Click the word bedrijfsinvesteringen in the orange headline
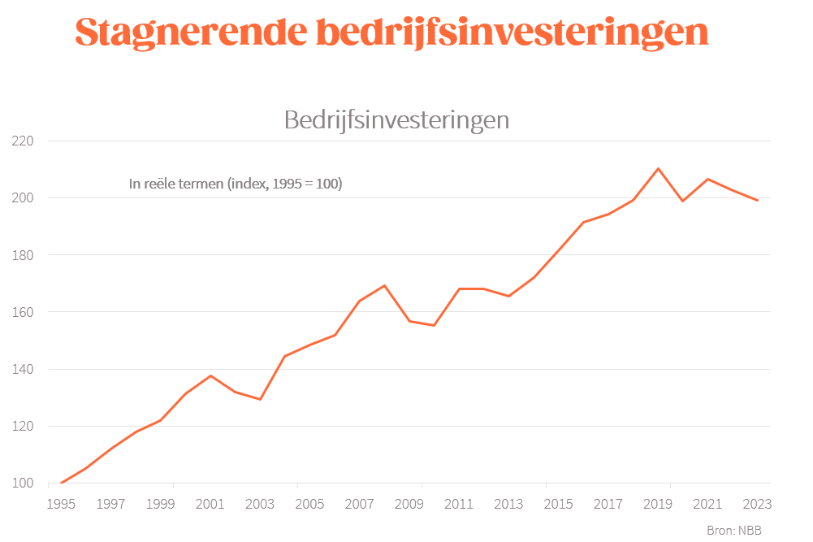pos(511,33)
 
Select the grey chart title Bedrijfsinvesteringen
pos(396,120)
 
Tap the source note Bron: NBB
pos(734,530)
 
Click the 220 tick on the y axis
pos(23,141)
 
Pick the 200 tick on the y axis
pos(23,198)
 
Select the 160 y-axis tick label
pos(23,312)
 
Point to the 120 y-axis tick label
pos(23,426)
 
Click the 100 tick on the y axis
pos(23,483)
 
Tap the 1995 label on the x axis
pos(61,505)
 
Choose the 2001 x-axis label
pos(210,505)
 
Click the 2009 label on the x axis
pos(409,505)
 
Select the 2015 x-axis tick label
pos(559,505)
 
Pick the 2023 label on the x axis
pos(757,505)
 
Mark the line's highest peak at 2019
pos(658,168)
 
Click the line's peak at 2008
pos(384,285)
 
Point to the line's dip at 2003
pos(260,399)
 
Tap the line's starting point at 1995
pos(61,483)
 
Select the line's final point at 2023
pos(757,200)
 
